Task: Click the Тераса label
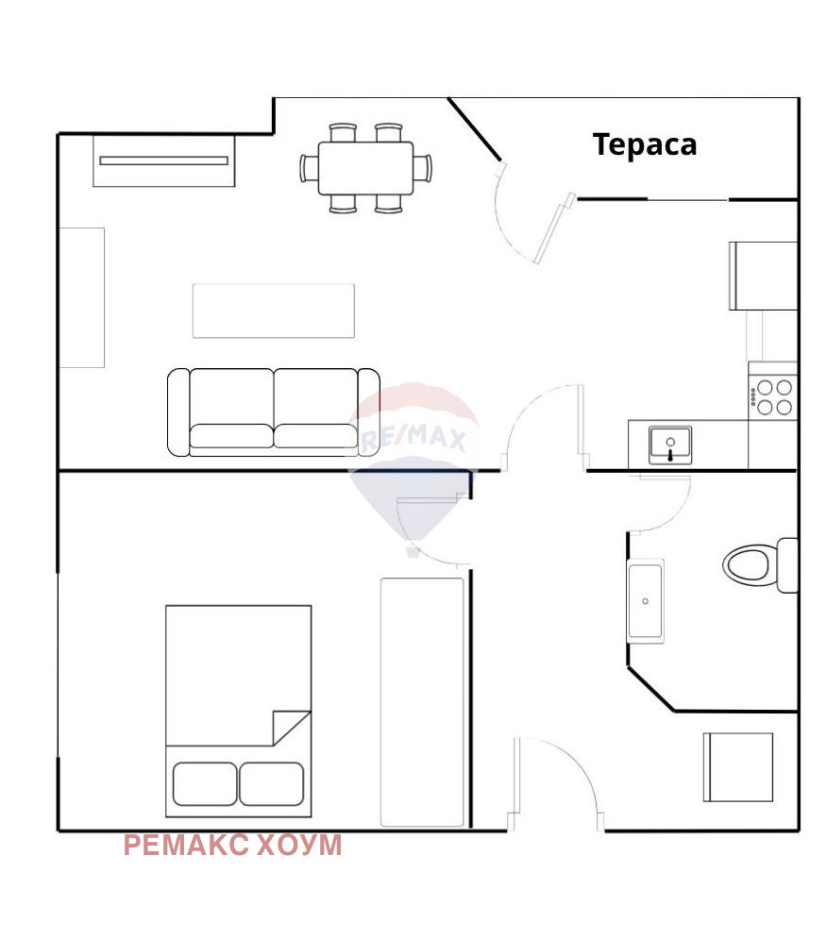tap(645, 145)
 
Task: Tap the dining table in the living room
tap(365, 168)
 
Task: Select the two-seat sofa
tap(274, 412)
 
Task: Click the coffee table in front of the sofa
tap(274, 311)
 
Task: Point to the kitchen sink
tap(670, 445)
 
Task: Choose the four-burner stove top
tap(773, 397)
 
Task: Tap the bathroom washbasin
tap(646, 600)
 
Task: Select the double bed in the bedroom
tap(239, 711)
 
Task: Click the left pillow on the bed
tap(205, 783)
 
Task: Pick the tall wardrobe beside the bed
tap(422, 702)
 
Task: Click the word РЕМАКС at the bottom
tap(186, 846)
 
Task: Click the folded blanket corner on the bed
tap(292, 728)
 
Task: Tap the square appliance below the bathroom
tap(738, 766)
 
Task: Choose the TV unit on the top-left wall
tap(163, 160)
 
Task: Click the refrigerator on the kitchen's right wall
tap(763, 276)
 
